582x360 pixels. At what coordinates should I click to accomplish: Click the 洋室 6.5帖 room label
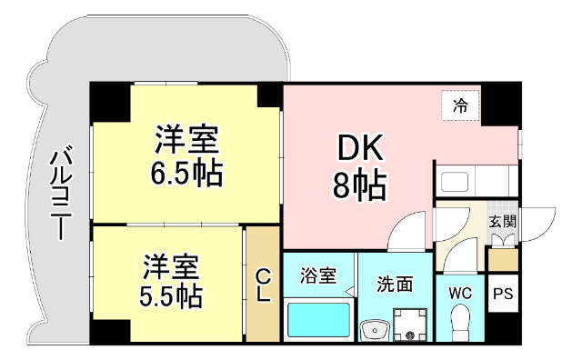(x=187, y=155)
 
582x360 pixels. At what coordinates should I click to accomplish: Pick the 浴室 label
(x=319, y=273)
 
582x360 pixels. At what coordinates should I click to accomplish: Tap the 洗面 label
(x=395, y=285)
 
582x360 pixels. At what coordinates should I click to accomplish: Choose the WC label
(x=459, y=293)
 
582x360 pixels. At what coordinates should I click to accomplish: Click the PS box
(x=503, y=294)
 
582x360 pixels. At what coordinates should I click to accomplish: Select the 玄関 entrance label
(x=503, y=220)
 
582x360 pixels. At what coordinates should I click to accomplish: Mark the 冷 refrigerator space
(x=461, y=105)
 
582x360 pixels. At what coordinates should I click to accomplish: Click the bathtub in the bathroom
(x=318, y=320)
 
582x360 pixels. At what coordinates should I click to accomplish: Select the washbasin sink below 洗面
(x=371, y=330)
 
